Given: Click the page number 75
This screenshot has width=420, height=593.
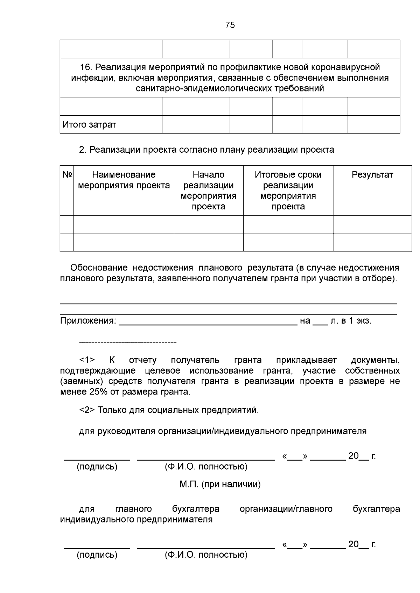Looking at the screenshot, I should [x=230, y=25].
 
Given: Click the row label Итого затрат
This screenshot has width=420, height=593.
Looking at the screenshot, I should [x=89, y=125].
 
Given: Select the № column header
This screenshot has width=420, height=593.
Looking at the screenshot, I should [x=67, y=175].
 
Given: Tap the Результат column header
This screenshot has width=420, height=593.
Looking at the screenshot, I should [x=372, y=175].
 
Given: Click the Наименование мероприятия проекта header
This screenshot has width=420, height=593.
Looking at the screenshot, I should [x=124, y=180].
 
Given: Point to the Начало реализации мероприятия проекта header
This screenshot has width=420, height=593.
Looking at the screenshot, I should [x=208, y=190].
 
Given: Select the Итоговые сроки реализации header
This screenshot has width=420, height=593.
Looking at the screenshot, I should [x=288, y=190].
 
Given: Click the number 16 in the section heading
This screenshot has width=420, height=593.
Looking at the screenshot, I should [x=85, y=67].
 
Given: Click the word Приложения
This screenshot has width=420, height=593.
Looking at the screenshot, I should [x=88, y=321].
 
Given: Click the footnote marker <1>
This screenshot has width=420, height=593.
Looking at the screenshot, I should [x=87, y=360].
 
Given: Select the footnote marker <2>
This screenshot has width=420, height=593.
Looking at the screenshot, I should [x=87, y=410].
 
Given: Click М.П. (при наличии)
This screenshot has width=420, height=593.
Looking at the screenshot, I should [x=220, y=484].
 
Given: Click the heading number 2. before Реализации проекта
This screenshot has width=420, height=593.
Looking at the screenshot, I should [x=83, y=150].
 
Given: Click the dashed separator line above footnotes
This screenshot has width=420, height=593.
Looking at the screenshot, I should [x=128, y=342].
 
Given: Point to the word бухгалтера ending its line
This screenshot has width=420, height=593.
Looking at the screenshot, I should [x=376, y=509].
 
